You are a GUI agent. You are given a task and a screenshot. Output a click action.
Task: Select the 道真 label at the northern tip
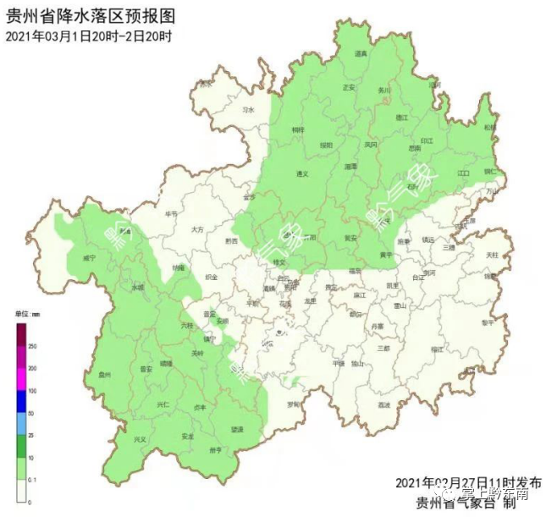click(x=361, y=54)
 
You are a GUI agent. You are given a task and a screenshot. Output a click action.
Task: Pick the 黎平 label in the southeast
click(x=486, y=322)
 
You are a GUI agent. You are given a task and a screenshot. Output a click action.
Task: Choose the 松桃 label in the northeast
click(x=490, y=127)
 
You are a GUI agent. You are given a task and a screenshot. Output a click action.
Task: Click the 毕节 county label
click(x=172, y=215)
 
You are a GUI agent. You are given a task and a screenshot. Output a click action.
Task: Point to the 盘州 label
click(x=104, y=374)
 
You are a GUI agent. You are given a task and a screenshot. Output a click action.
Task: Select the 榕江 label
click(x=437, y=349)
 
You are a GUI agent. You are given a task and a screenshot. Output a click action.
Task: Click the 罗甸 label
click(x=293, y=404)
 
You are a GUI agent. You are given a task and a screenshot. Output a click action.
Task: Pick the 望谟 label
click(x=236, y=430)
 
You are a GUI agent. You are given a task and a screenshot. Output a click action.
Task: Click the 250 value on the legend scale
click(x=32, y=347)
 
